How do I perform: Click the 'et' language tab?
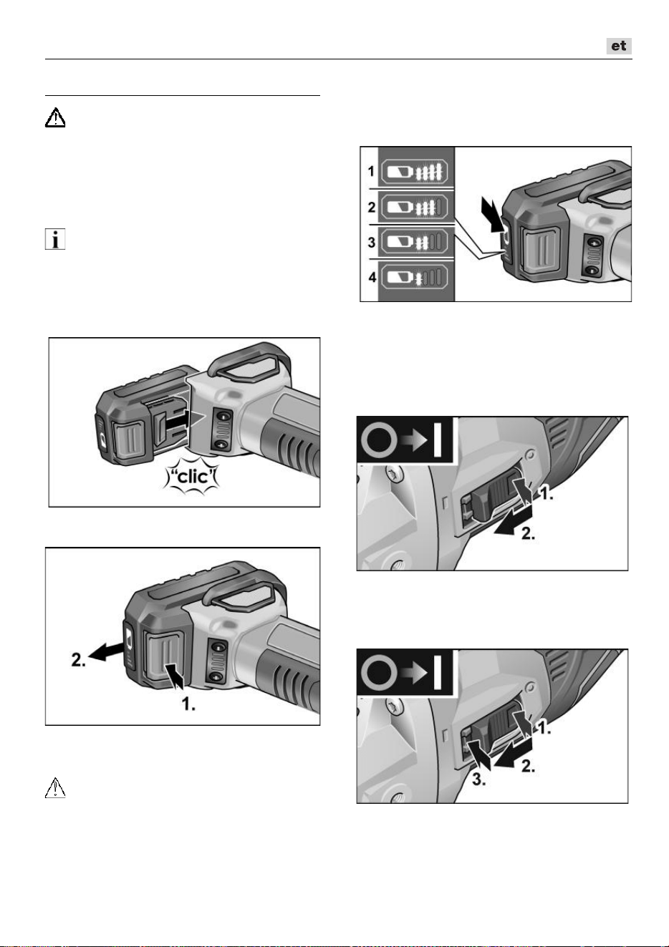[619, 46]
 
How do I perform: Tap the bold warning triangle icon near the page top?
[55, 117]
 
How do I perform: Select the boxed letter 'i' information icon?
[55, 239]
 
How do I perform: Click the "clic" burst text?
[193, 477]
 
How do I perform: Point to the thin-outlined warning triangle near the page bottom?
[55, 787]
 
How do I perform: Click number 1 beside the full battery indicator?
[371, 171]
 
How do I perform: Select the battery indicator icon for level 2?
[414, 207]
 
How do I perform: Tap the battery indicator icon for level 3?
[414, 242]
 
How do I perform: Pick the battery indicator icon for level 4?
[414, 278]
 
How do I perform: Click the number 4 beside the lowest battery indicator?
[372, 277]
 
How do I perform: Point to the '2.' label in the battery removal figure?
[79, 659]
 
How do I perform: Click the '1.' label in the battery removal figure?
[188, 704]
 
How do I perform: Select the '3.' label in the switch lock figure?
[479, 780]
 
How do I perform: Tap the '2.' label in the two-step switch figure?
[528, 533]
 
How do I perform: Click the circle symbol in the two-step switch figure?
[379, 439]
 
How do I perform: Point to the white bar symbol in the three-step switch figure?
[437, 672]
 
